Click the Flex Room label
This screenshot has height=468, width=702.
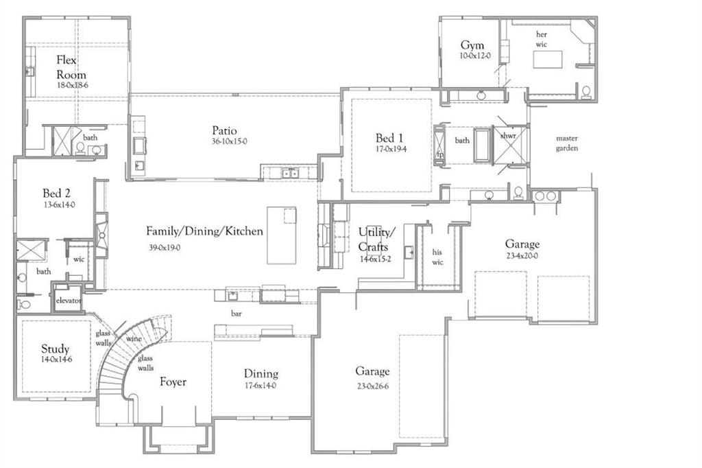tap(71, 67)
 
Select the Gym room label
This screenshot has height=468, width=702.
tap(472, 46)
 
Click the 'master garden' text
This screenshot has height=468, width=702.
tap(567, 143)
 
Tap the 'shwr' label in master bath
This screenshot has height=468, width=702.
tap(508, 136)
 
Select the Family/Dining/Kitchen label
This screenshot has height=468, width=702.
tap(204, 231)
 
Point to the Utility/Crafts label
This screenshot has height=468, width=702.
tap(374, 239)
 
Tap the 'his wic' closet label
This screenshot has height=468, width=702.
tap(437, 257)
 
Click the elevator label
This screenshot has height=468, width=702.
tap(69, 301)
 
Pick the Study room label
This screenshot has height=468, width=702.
tap(55, 349)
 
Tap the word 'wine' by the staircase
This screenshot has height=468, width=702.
tap(134, 338)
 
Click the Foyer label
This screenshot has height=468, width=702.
tap(173, 382)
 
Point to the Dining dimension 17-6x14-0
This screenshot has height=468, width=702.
tap(261, 386)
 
